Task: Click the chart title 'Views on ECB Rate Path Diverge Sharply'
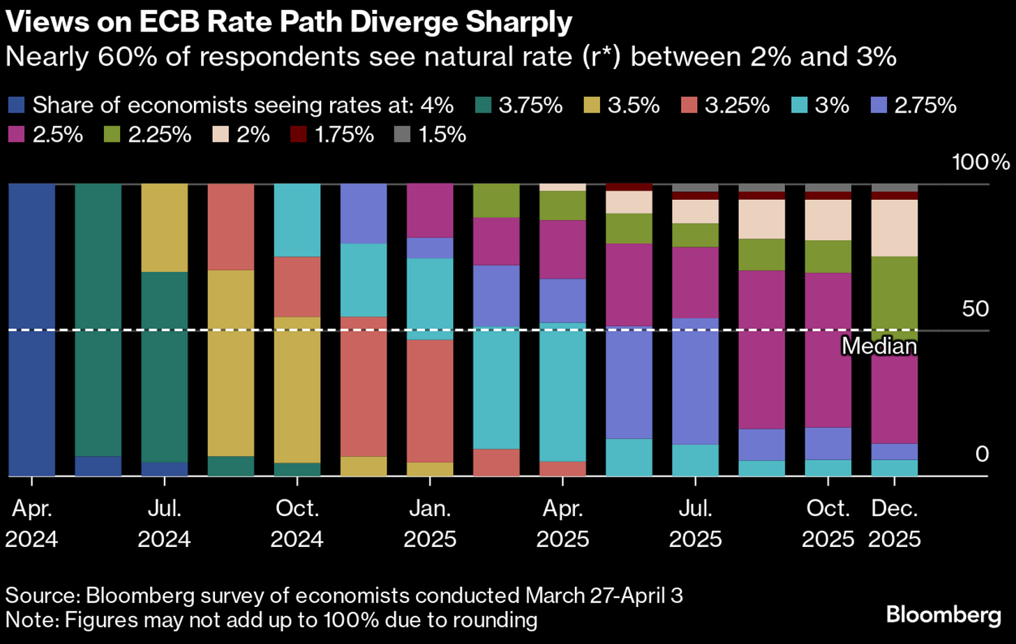pyautogui.click(x=289, y=22)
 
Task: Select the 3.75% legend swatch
pyautogui.click(x=483, y=105)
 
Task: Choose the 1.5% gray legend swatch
pyautogui.click(x=403, y=133)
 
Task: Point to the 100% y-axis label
pyautogui.click(x=980, y=163)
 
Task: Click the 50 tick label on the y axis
pyautogui.click(x=975, y=309)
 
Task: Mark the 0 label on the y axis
pyautogui.click(x=982, y=454)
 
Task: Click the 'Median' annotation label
pyautogui.click(x=879, y=346)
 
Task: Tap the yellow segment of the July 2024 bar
pyautogui.click(x=165, y=228)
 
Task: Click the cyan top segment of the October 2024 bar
pyautogui.click(x=297, y=220)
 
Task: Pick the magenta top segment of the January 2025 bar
pyautogui.click(x=430, y=210)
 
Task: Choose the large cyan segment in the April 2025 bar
pyautogui.click(x=562, y=391)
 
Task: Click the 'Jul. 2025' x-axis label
pyautogui.click(x=695, y=523)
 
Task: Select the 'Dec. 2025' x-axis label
pyautogui.click(x=895, y=523)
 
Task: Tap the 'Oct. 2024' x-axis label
pyautogui.click(x=297, y=523)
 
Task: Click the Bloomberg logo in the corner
pyautogui.click(x=943, y=615)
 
